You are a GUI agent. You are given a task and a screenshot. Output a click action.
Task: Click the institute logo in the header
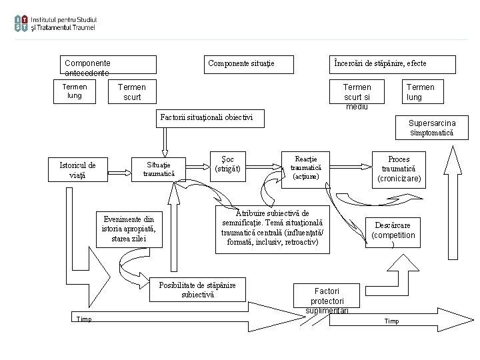(x=55, y=23)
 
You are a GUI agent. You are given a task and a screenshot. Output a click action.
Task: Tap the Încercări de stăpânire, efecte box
(x=393, y=64)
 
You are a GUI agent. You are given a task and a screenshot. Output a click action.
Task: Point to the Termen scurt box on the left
(x=132, y=93)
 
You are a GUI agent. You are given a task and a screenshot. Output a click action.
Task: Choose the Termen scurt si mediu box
(x=357, y=95)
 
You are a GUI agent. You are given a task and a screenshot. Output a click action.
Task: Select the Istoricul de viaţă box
(x=77, y=170)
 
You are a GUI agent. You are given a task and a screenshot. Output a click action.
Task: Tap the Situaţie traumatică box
(x=159, y=169)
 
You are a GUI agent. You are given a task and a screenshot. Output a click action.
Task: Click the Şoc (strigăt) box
(x=228, y=163)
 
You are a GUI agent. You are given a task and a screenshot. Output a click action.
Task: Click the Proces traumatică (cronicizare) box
(x=399, y=169)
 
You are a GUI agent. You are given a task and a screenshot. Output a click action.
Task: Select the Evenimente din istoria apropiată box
(x=131, y=229)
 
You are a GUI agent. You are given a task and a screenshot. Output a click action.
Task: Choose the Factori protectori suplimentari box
(x=327, y=299)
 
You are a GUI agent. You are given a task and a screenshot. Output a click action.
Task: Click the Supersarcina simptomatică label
(x=431, y=128)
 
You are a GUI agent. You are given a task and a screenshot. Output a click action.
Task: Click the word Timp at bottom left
(x=84, y=319)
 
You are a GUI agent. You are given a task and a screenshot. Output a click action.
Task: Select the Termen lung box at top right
(x=421, y=92)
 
